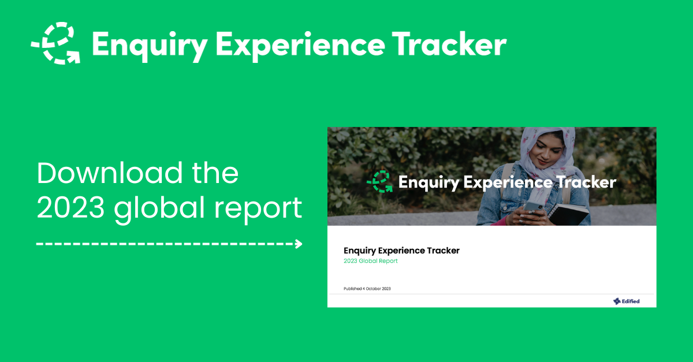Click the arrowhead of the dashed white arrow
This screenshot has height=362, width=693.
[299, 244]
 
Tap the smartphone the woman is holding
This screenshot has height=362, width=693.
[532, 207]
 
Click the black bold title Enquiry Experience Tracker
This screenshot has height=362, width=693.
[401, 251]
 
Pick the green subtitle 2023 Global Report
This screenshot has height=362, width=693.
[370, 261]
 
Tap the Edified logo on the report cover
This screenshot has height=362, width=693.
[627, 301]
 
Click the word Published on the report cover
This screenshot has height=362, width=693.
[352, 289]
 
